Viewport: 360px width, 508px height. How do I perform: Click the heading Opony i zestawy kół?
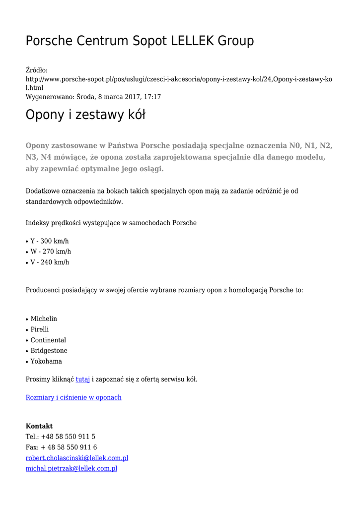pyautogui.click(x=85, y=115)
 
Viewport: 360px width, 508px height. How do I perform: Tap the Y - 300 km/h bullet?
pyautogui.click(x=49, y=241)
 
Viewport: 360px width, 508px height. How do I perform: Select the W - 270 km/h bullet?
pyautogui.click(x=51, y=252)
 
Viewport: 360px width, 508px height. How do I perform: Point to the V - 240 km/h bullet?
pyautogui.click(x=50, y=262)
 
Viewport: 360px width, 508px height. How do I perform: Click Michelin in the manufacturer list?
pyautogui.click(x=44, y=318)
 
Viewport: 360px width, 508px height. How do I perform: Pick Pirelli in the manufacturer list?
pyautogui.click(x=40, y=329)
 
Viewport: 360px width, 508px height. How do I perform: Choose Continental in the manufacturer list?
pyautogui.click(x=48, y=340)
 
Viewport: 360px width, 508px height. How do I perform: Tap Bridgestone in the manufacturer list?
pyautogui.click(x=49, y=351)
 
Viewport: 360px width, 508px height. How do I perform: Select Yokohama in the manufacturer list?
pyautogui.click(x=46, y=361)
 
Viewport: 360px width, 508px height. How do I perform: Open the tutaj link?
pyautogui.click(x=82, y=380)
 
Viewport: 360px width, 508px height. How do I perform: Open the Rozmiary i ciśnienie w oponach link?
pyautogui.click(x=73, y=397)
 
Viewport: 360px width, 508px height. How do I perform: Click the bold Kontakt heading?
pyautogui.click(x=39, y=426)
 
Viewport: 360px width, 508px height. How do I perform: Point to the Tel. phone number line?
pyautogui.click(x=61, y=437)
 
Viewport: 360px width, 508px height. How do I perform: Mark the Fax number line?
pyautogui.click(x=61, y=447)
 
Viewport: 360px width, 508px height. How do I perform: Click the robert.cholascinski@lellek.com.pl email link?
pyautogui.click(x=77, y=458)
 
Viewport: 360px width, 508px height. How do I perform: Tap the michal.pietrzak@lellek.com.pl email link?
pyautogui.click(x=72, y=468)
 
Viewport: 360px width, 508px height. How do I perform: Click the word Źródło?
pyautogui.click(x=36, y=70)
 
